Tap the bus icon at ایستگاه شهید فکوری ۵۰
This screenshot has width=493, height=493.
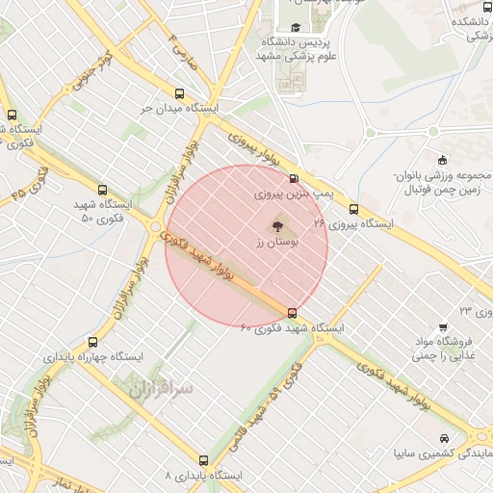point(103,191)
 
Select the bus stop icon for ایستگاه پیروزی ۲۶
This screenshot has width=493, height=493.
point(354,208)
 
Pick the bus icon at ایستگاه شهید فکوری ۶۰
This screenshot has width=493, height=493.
point(293,312)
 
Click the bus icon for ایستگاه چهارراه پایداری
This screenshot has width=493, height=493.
point(92,342)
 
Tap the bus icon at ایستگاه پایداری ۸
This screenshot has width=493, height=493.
point(203,460)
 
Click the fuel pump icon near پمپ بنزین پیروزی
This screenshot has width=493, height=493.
point(293,178)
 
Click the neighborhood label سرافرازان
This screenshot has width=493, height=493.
point(160,387)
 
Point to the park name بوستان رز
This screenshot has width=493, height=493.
point(273,246)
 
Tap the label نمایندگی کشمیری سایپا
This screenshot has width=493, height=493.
point(442,454)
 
